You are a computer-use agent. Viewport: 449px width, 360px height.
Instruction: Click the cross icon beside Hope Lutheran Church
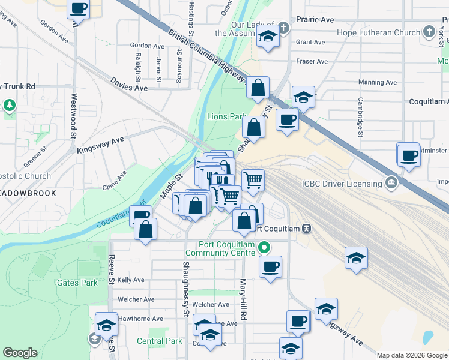[429, 31]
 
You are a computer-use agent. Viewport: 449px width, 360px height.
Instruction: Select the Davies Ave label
[128, 88]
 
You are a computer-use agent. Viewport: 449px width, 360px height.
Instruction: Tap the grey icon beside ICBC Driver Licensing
[391, 181]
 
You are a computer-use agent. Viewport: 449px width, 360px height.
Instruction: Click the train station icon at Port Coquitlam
[306, 228]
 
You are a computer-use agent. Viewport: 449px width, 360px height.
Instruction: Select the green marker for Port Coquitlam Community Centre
[264, 247]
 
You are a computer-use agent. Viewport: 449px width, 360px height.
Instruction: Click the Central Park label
[159, 341]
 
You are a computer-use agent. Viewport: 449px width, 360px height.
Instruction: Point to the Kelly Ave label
[131, 280]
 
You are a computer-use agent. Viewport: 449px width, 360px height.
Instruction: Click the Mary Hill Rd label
[243, 299]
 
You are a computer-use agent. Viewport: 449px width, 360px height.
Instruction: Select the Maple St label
[171, 186]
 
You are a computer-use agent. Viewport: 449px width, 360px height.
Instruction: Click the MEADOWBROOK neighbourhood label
[28, 194]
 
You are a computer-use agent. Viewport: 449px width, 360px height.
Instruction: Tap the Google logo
[20, 353]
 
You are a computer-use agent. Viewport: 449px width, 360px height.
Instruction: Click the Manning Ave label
[378, 82]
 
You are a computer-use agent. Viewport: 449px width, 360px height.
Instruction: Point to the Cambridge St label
[360, 117]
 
